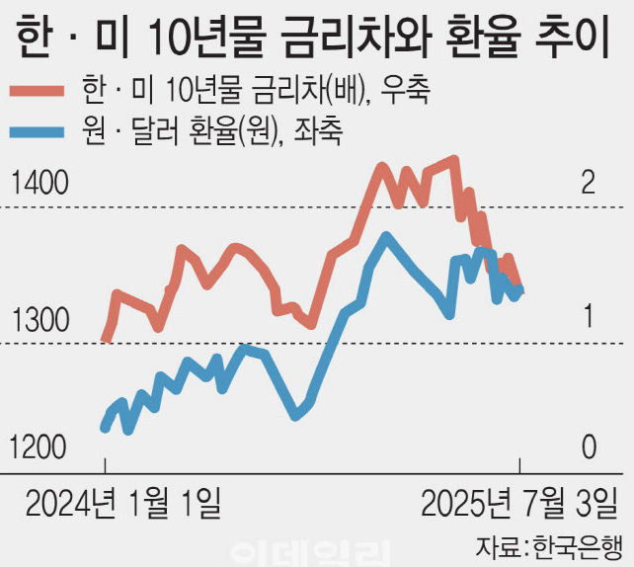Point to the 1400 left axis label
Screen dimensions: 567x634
coord(39,183)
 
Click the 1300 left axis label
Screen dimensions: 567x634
coord(39,320)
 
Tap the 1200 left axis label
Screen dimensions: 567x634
coord(39,447)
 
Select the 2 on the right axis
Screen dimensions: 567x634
coord(589,183)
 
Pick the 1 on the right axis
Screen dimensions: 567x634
coord(589,318)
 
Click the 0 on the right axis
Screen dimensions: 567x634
coord(589,447)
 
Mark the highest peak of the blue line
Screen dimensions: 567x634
coord(385,236)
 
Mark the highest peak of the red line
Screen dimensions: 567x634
coord(453,159)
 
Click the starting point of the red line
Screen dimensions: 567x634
coord(106,339)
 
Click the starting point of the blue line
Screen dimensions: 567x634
coord(105,428)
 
